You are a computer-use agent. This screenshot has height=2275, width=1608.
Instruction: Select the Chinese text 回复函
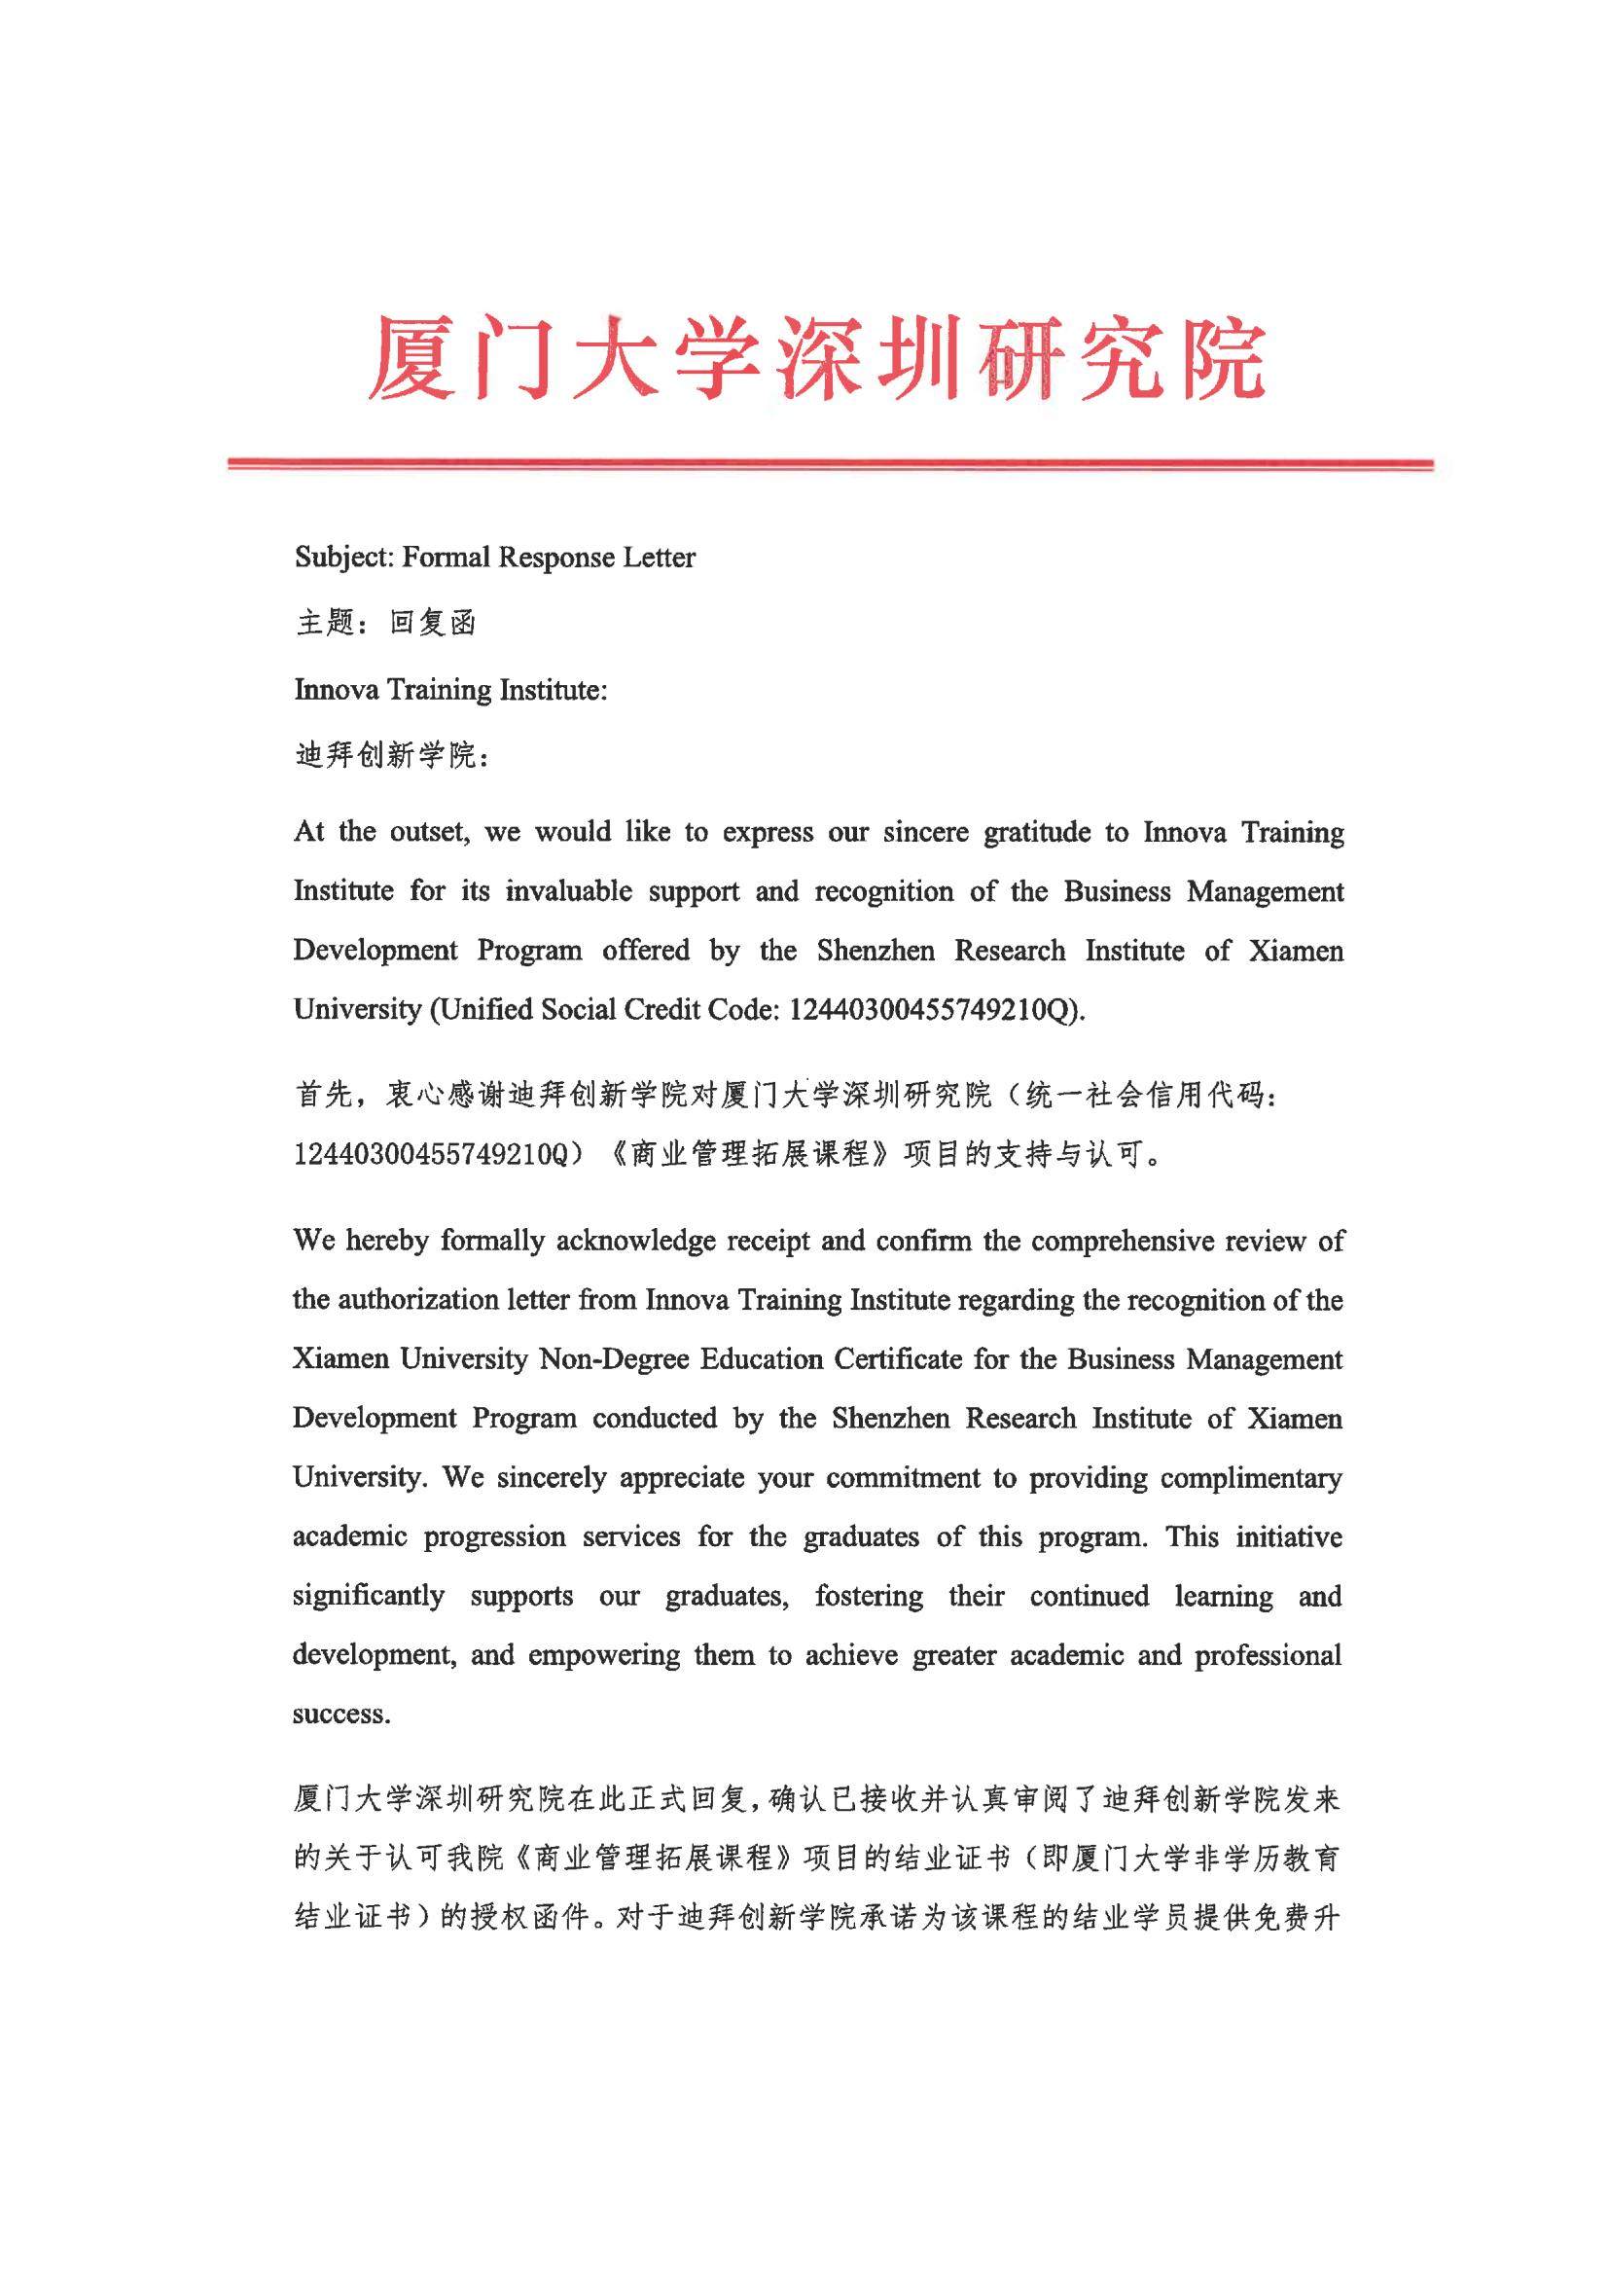(x=433, y=624)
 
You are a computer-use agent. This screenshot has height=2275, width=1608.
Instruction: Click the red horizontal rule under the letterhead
(x=830, y=463)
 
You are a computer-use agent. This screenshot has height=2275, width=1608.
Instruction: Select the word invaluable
(x=569, y=890)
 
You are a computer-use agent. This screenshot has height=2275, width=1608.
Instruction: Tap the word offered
(x=646, y=951)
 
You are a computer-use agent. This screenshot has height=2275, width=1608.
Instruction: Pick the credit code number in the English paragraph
(x=928, y=1009)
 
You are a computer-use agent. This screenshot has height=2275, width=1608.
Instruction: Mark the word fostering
(x=868, y=1596)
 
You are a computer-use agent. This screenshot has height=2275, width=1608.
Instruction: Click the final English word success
(x=340, y=1715)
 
